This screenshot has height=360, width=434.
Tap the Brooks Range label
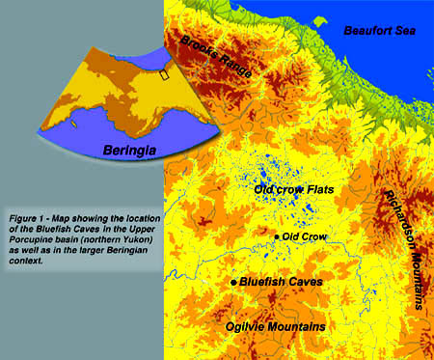(x=216, y=55)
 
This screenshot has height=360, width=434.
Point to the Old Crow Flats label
(x=293, y=190)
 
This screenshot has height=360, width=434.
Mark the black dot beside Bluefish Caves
(x=234, y=282)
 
